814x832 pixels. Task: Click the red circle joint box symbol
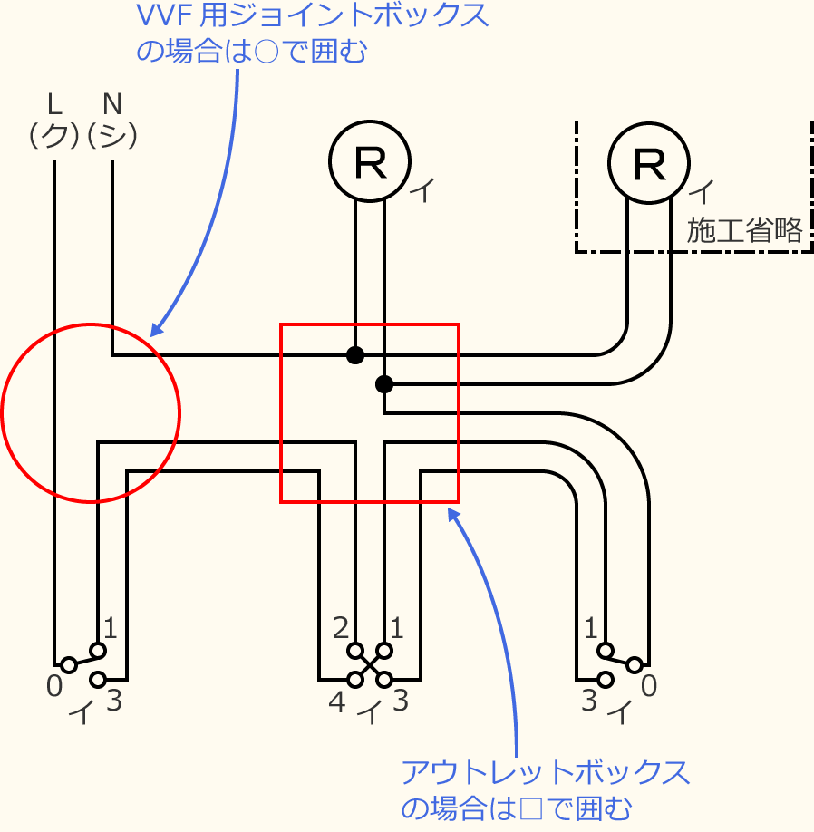91,412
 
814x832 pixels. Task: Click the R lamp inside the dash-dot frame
648,163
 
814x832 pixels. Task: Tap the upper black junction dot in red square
355,354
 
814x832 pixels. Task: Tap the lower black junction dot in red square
384,384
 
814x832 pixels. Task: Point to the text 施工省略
745,231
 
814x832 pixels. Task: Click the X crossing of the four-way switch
370,664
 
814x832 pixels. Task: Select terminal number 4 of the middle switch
336,701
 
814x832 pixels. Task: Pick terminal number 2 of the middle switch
341,627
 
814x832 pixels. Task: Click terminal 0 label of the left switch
54,687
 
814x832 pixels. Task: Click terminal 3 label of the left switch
113,701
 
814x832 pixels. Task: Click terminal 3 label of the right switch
589,701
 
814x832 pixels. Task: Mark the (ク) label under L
53,136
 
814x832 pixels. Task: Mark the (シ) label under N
112,136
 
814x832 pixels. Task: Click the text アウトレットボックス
545,773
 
